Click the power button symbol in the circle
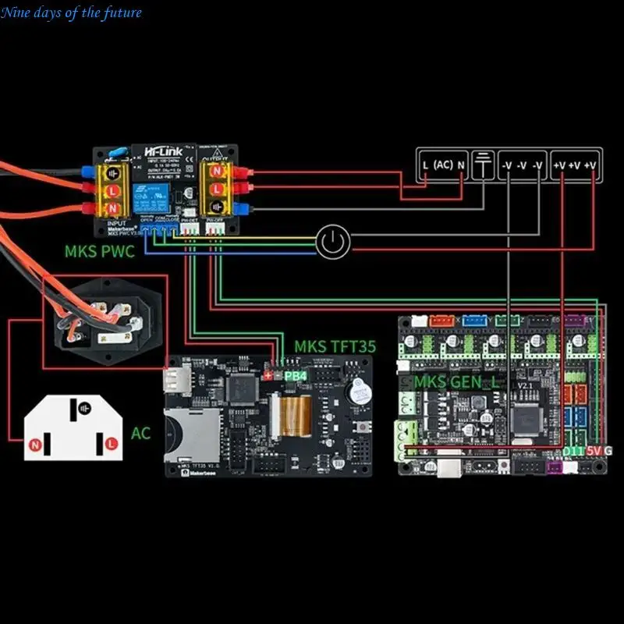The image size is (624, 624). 334,243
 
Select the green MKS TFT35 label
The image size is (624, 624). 335,346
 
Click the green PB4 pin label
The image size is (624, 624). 296,376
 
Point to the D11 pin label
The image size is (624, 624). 573,452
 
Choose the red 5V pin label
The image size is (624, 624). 594,452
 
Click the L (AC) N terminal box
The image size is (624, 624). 442,165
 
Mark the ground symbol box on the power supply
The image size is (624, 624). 484,165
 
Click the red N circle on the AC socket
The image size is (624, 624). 35,445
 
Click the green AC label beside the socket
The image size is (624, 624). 141,433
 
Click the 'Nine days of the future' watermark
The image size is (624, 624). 73,12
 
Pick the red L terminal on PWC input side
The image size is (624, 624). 112,190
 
